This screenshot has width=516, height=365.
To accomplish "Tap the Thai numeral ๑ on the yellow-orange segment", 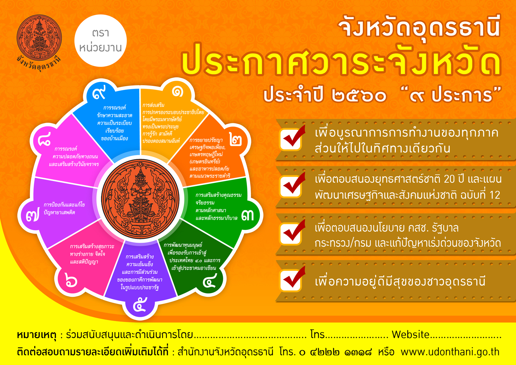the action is point(177,92).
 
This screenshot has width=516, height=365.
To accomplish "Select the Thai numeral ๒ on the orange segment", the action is point(236,139).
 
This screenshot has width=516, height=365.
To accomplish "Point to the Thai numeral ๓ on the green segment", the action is point(247,215).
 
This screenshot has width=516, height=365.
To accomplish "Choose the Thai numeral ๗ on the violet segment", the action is point(32,216).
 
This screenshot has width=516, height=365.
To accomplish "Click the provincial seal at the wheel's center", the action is point(140,198).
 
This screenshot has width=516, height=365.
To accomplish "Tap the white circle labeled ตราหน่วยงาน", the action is point(101,41).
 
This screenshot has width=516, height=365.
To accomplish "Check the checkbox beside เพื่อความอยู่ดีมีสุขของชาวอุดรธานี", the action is point(291,280).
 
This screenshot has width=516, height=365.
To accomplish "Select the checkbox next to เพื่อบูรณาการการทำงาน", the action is point(291,139).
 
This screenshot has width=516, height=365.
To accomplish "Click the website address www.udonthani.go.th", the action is point(450,352).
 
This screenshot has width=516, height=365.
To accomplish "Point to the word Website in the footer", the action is point(411,334).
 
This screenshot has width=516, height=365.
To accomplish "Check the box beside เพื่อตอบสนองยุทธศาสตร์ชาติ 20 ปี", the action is point(291,186).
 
